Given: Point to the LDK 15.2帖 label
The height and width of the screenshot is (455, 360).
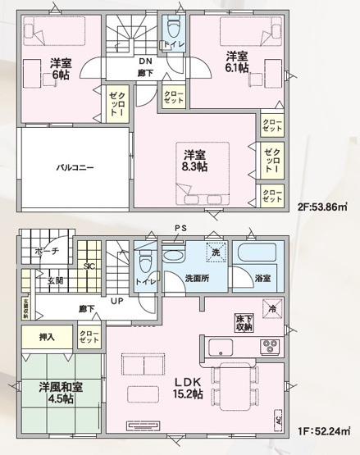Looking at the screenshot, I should [x=187, y=389].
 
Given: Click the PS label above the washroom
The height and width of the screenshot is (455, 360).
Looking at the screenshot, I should [x=178, y=228].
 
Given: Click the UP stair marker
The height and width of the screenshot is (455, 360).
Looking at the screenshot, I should [x=117, y=301].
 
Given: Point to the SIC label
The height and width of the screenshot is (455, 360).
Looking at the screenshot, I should [x=89, y=264].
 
